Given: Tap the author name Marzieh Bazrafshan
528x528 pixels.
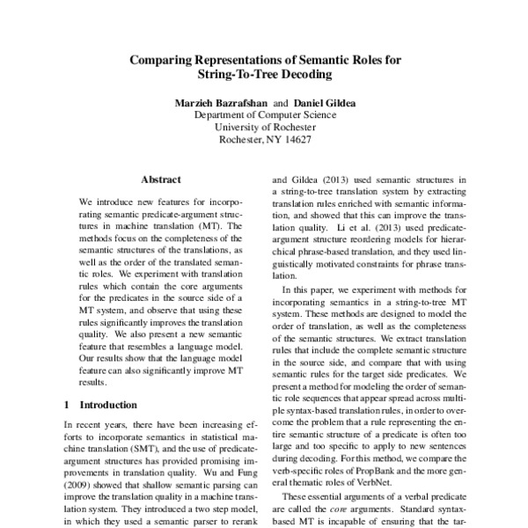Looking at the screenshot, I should (223, 103).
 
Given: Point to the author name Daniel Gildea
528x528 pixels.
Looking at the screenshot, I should (326, 103).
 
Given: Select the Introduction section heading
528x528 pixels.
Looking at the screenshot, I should (114, 406).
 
